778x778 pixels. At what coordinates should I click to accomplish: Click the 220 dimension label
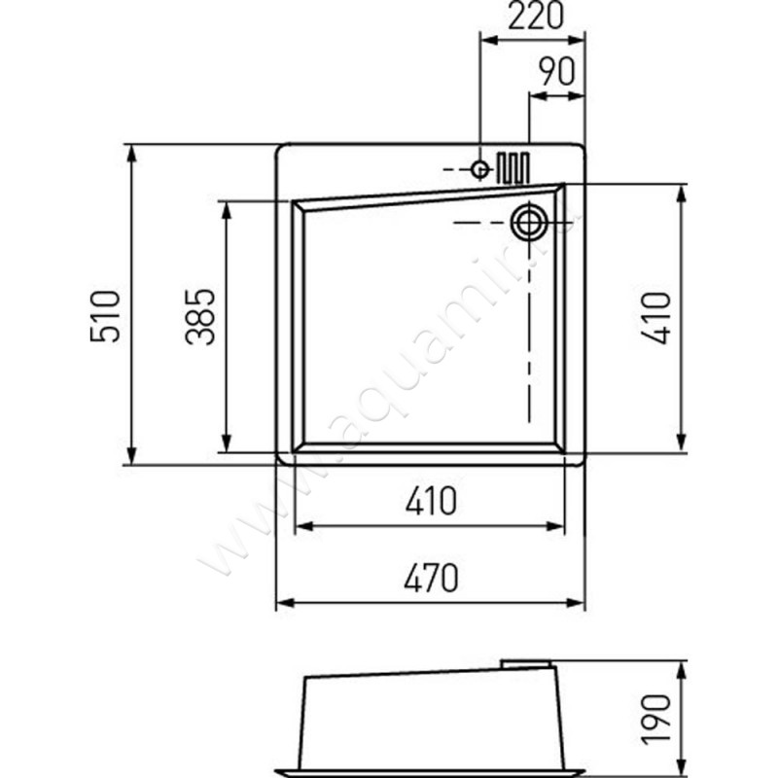click(x=535, y=17)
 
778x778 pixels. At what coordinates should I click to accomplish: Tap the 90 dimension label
click(x=556, y=73)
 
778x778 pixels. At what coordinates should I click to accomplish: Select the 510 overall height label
click(x=105, y=314)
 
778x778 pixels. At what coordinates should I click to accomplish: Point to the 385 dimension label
click(x=200, y=316)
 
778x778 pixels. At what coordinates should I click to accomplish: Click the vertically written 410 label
click(x=657, y=316)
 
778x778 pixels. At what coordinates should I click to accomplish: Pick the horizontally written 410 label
click(x=430, y=503)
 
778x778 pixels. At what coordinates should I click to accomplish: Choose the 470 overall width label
click(x=430, y=580)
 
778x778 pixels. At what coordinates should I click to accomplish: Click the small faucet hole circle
click(x=479, y=169)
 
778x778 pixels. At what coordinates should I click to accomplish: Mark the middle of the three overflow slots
click(x=513, y=167)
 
